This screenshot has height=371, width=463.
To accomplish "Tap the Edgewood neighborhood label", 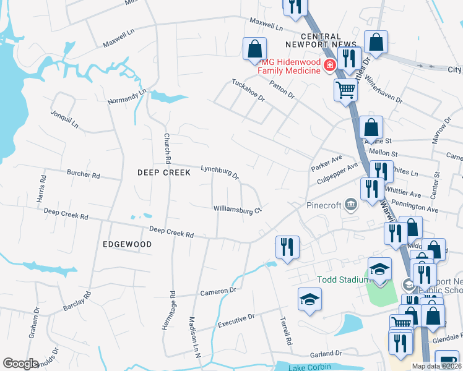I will pyautogui.click(x=127, y=244).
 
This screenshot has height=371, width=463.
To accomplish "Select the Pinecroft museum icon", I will pyautogui.click(x=352, y=205).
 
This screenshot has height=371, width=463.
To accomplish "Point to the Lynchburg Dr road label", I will pyautogui.click(x=220, y=171).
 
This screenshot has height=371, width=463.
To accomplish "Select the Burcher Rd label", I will pyautogui.click(x=83, y=175).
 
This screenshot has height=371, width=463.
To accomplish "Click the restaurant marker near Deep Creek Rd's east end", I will pyautogui.click(x=288, y=247).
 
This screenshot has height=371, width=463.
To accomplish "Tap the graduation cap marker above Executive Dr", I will pyautogui.click(x=310, y=300).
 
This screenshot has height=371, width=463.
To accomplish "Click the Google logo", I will pyautogui.click(x=20, y=364).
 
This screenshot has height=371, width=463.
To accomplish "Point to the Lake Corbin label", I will pyautogui.click(x=305, y=367).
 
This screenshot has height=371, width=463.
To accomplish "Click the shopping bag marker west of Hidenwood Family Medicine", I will pyautogui.click(x=254, y=48).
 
